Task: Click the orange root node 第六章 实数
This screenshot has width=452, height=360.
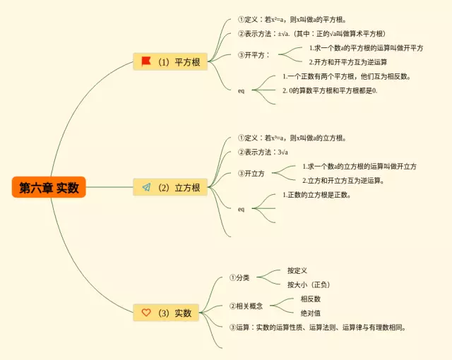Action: click(49, 187)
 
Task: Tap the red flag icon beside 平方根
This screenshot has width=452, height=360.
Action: click(146, 61)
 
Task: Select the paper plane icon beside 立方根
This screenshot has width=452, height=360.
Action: click(146, 187)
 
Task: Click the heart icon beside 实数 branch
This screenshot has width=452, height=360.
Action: click(146, 312)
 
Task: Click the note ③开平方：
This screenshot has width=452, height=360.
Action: click(254, 55)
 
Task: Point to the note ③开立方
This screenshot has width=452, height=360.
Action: click(251, 174)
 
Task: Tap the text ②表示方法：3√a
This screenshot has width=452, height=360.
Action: click(263, 152)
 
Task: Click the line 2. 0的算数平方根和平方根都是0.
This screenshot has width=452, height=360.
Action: click(330, 90)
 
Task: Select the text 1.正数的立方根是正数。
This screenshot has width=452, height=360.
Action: click(316, 195)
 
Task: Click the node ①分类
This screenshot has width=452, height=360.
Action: click(239, 277)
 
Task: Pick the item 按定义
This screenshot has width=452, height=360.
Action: click(297, 270)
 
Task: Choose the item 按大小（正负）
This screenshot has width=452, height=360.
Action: click(309, 284)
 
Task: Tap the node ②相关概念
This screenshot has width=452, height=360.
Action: click(246, 306)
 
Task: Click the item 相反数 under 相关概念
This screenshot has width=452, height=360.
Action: click(311, 299)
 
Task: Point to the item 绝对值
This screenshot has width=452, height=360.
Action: click(311, 313)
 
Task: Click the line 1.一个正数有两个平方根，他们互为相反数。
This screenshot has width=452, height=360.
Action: click(347, 76)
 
